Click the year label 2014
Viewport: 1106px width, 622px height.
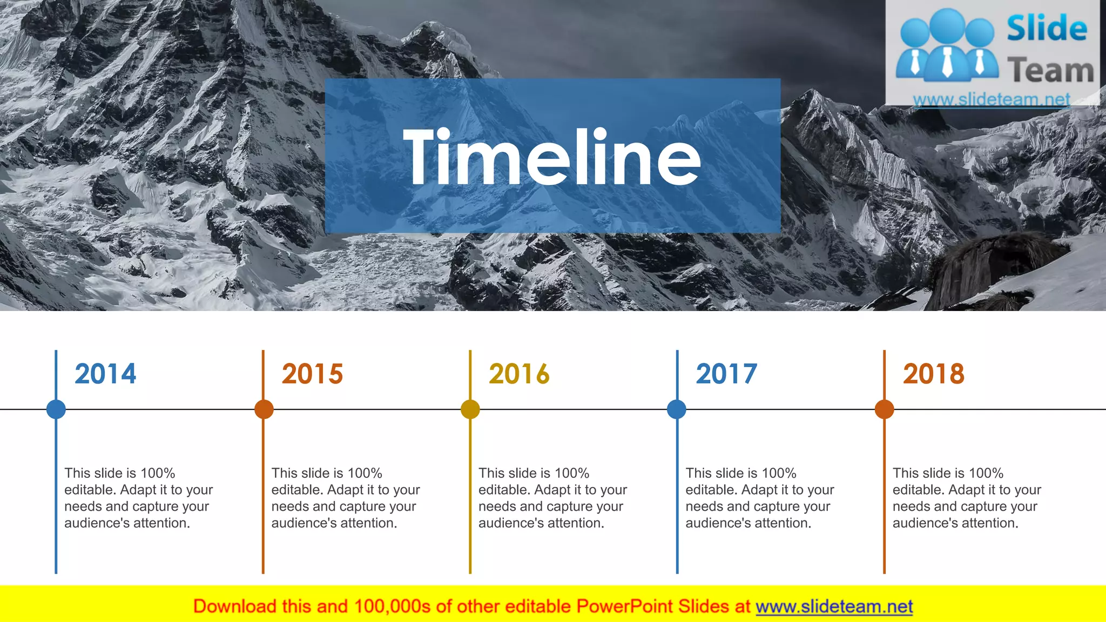point(105,374)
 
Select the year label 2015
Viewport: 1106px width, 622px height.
point(312,374)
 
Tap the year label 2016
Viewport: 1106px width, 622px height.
point(519,374)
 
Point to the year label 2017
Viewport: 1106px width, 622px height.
point(726,374)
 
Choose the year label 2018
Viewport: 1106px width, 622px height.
point(933,374)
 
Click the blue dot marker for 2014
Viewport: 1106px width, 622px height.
point(56,409)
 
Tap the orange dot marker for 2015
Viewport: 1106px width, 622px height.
point(264,409)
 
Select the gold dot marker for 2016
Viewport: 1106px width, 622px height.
point(470,409)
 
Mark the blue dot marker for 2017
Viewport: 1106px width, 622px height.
point(677,409)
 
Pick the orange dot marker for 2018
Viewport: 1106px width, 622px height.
point(884,409)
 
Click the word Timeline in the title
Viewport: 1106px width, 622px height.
point(552,157)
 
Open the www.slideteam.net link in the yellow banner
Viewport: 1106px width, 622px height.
point(834,606)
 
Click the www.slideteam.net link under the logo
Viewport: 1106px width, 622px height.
point(991,99)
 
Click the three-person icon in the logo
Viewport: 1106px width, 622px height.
point(947,45)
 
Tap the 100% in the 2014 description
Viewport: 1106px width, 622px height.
point(158,473)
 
